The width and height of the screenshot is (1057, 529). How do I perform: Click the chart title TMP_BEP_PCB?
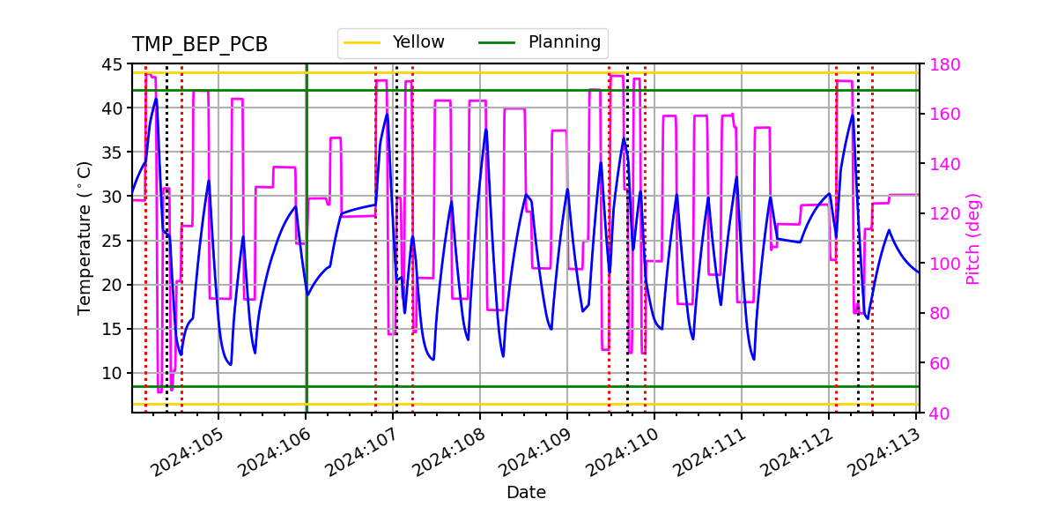[x=200, y=45]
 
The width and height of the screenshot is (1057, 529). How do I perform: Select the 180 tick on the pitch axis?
[x=943, y=64]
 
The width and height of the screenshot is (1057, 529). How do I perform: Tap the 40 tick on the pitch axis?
[x=939, y=413]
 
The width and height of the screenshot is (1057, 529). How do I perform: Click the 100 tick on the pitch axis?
[x=943, y=264]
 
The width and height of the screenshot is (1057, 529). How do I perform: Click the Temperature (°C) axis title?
[x=85, y=238]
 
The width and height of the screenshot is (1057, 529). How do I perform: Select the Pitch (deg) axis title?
[x=973, y=238]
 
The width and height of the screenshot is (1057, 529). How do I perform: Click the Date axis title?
[x=526, y=493]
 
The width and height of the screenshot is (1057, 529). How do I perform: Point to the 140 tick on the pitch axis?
[x=943, y=164]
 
